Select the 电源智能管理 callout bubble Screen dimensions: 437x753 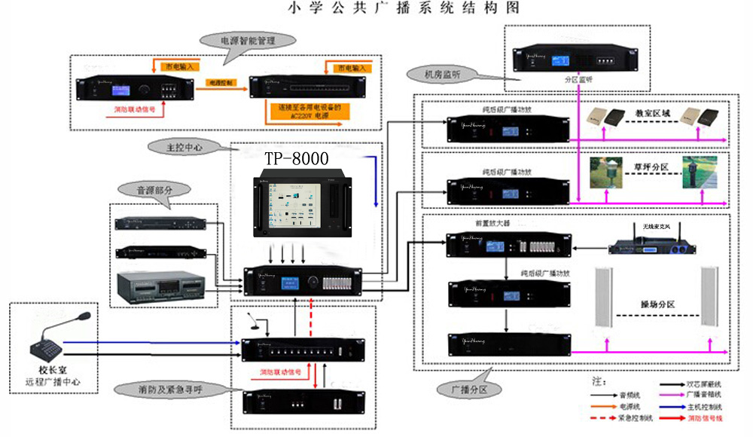(246, 41)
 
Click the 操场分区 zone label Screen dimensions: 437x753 (657, 304)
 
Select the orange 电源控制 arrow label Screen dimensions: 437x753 (221, 80)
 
